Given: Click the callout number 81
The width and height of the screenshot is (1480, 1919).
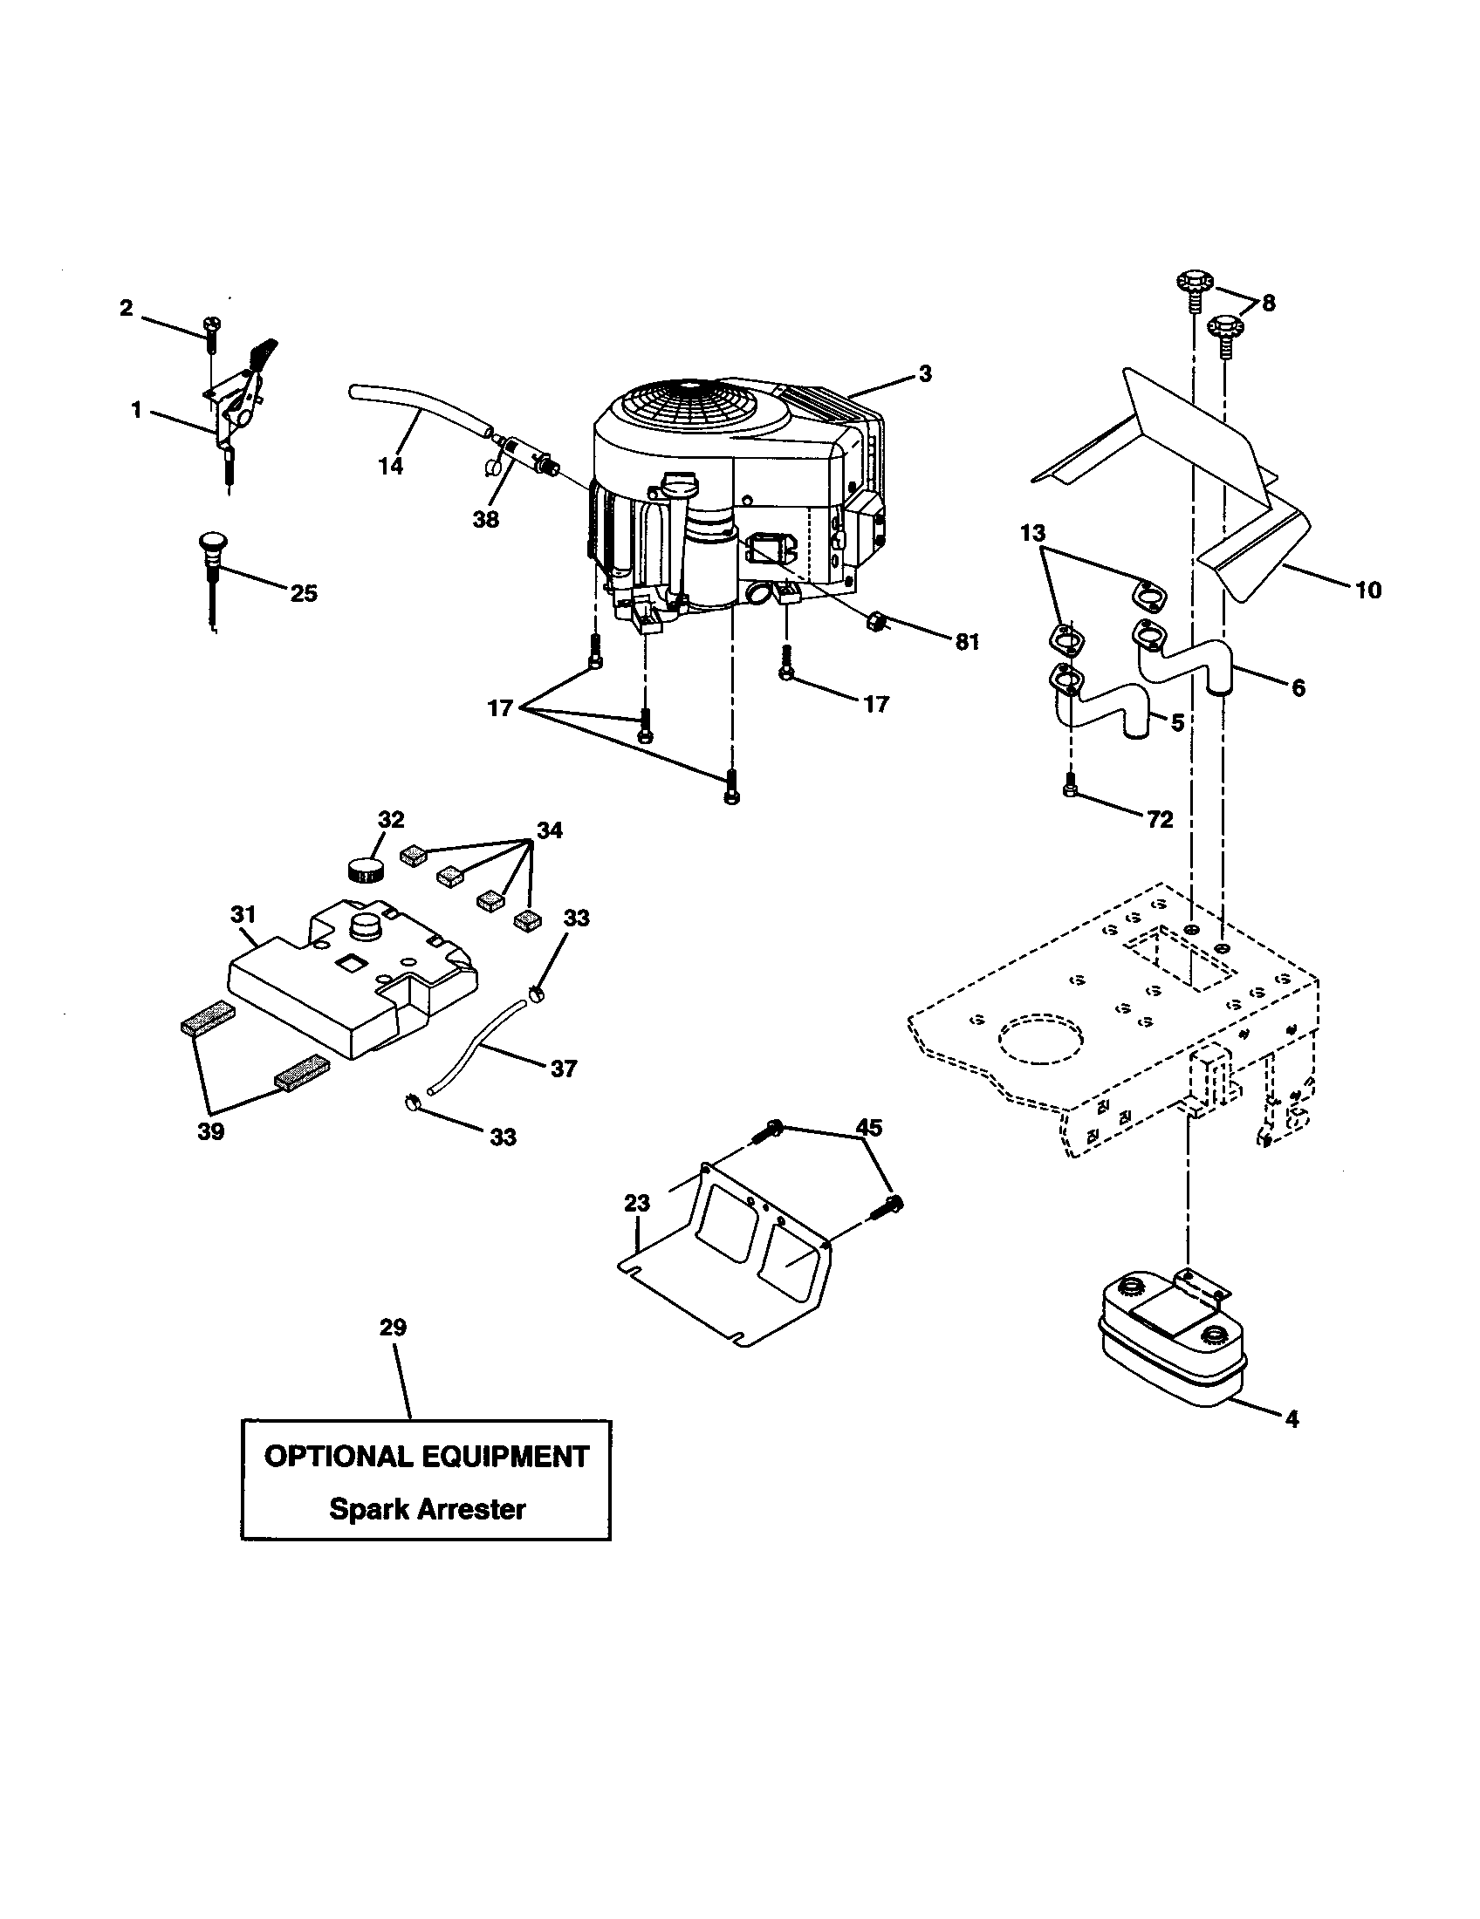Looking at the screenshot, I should tap(966, 642).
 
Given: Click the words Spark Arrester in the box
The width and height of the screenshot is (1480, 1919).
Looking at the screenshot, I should tap(427, 1510).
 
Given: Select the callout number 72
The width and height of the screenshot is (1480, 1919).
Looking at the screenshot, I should tap(1160, 819).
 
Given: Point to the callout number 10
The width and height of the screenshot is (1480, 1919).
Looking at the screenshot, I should tap(1368, 590).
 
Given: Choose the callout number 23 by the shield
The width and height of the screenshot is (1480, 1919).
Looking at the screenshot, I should tap(637, 1203).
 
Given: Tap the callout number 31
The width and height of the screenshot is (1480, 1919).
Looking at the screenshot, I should tap(243, 915).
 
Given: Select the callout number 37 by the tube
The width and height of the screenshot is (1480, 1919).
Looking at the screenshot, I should tap(564, 1069).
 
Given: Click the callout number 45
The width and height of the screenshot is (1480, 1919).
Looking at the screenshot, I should tap(869, 1127).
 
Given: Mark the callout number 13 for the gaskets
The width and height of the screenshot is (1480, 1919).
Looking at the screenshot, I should tap(1033, 532).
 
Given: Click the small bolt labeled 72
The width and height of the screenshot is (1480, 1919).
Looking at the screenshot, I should tap(1070, 784).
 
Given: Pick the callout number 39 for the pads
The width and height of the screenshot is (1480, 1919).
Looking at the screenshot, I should tap(211, 1131).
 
